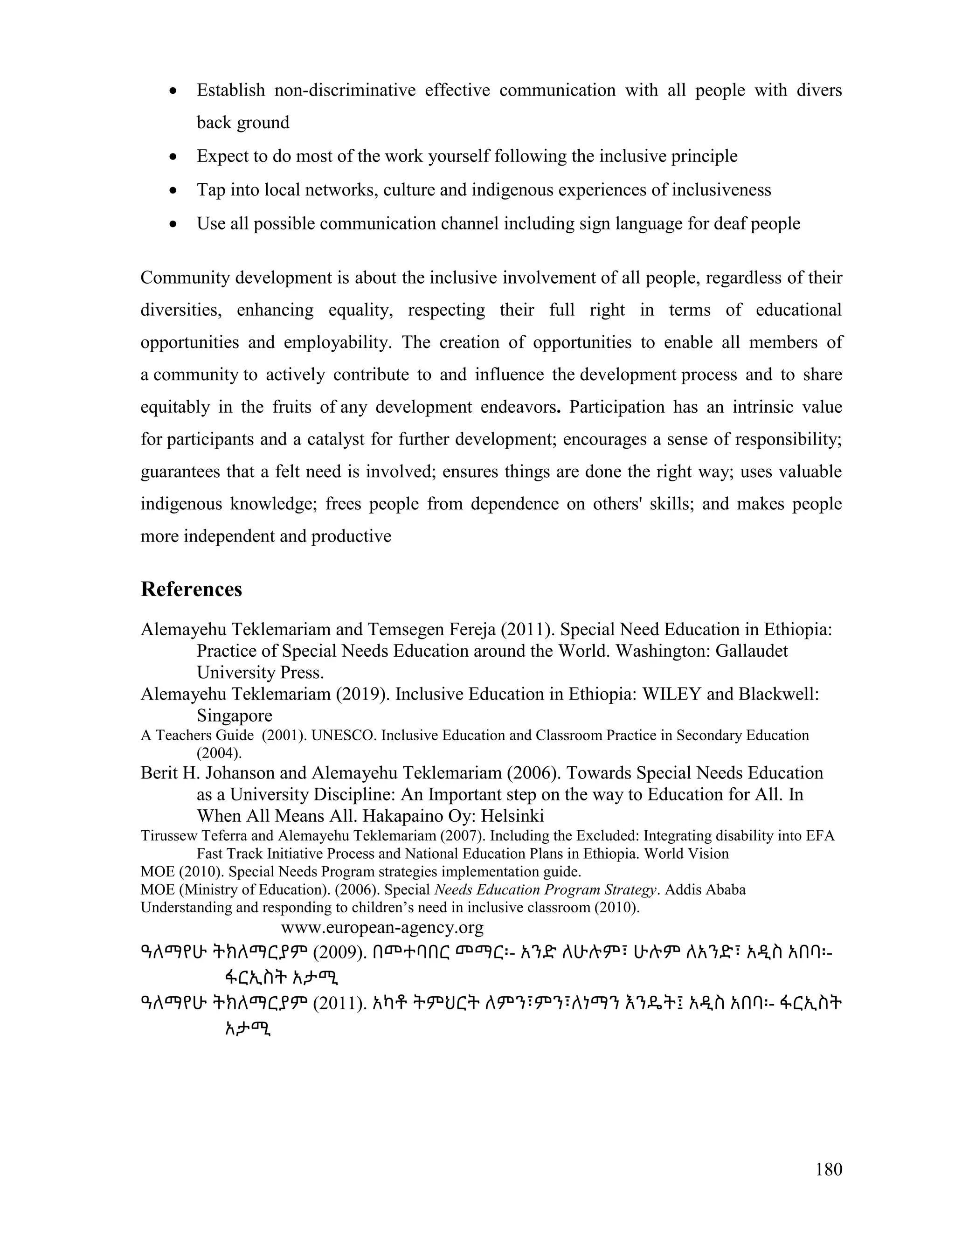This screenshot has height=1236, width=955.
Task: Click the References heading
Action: [191, 589]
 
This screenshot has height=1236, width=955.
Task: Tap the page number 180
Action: [829, 1169]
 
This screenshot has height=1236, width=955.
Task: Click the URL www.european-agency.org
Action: [382, 928]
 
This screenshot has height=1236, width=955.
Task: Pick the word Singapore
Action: [234, 715]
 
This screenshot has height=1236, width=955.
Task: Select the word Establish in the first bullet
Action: [231, 90]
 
